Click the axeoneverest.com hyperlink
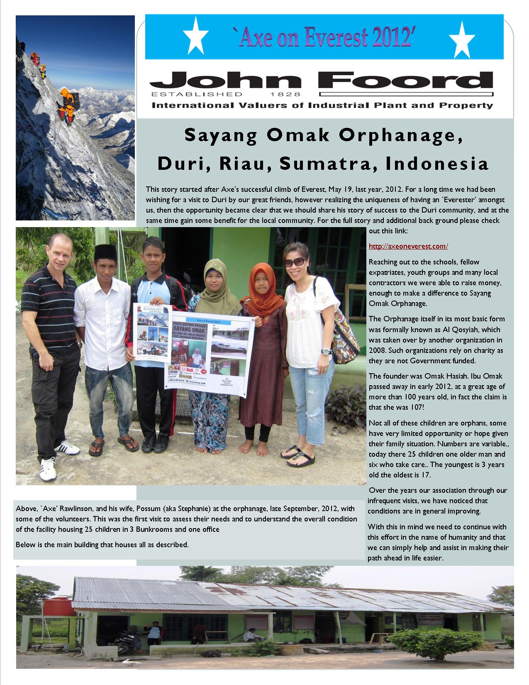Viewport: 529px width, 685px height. pos(408,246)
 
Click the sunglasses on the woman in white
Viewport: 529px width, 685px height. pos(294,262)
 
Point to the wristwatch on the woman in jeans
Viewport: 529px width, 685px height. pos(326,352)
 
